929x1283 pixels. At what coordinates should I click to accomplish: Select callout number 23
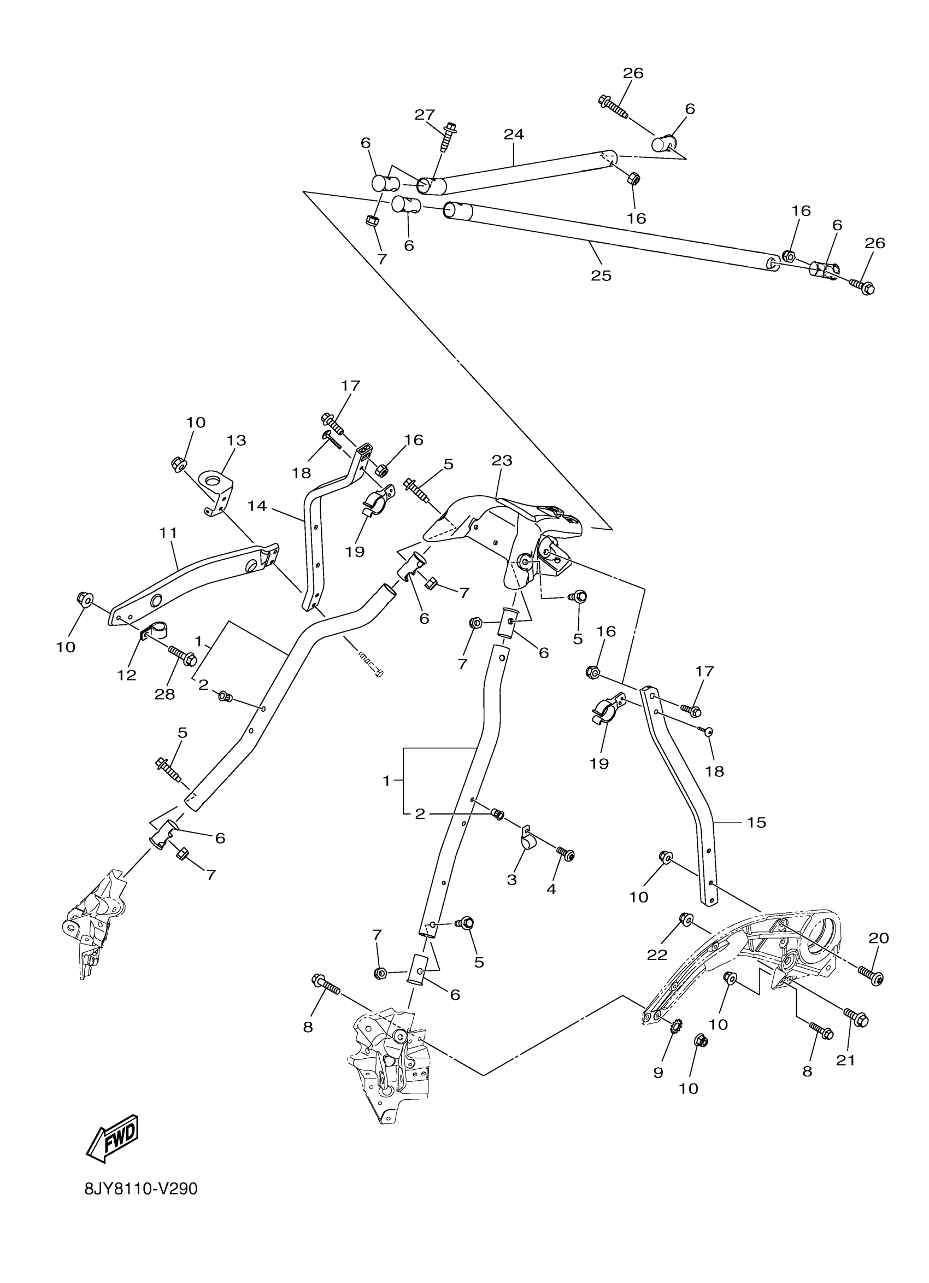tap(502, 460)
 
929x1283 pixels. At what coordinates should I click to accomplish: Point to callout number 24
tap(514, 134)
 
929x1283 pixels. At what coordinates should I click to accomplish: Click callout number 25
tap(601, 276)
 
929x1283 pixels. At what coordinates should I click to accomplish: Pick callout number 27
tap(425, 115)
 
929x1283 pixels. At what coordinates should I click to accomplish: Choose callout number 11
tap(168, 532)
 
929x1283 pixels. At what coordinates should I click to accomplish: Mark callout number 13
tap(237, 440)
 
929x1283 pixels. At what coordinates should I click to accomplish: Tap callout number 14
tap(257, 505)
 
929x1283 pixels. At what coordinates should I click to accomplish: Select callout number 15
tap(756, 822)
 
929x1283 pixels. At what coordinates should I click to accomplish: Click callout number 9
tap(658, 1073)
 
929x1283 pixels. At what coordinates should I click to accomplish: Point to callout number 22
tap(657, 955)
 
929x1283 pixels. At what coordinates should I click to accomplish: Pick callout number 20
tap(879, 938)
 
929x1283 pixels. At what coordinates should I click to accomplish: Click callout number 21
tap(846, 1060)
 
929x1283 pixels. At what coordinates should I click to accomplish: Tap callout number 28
tap(164, 694)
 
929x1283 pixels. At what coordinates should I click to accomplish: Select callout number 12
tap(127, 675)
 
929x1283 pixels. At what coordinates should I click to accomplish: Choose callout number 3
tap(511, 880)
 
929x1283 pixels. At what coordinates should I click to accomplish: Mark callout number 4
tap(551, 889)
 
